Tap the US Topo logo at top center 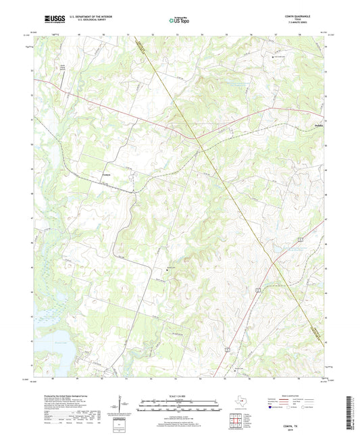point(180,21)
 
